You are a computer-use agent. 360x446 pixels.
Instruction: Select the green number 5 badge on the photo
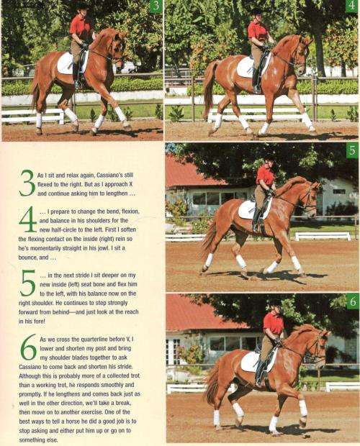click(351, 151)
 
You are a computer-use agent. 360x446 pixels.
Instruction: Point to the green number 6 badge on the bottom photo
click(351, 301)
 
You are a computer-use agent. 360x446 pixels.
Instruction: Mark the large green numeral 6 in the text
click(27, 348)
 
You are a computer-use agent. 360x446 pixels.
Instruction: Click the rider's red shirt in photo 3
click(80, 29)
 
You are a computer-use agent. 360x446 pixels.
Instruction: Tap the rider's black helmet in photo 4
click(256, 10)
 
